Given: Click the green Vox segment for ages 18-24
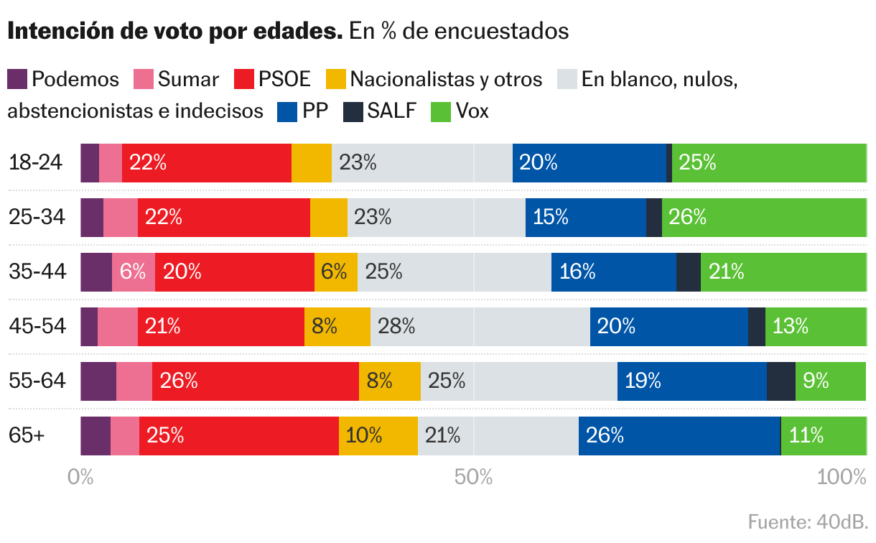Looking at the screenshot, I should coord(768,163).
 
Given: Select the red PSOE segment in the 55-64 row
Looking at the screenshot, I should coord(256,381).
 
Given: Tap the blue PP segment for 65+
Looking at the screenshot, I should coord(679,436).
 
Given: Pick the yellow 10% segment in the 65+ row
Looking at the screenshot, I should coord(378,436).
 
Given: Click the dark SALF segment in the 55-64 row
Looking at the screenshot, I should coord(781,381).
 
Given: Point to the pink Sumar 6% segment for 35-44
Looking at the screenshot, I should coord(134,272).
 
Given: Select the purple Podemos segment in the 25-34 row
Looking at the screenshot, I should coord(92,218).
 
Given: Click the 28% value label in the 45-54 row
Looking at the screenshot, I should coord(396,327).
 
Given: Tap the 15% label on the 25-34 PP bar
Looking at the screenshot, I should coord(551,218).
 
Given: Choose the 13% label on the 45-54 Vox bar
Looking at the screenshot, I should coord(791,327).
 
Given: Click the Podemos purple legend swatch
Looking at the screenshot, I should coord(17,79).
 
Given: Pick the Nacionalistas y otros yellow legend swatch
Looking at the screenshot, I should coord(336,79).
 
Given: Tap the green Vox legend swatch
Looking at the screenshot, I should coord(440,112).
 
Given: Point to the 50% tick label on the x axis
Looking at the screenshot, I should coord(474,477).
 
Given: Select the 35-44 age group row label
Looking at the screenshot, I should coord(37,272).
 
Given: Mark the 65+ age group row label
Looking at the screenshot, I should coord(27,436).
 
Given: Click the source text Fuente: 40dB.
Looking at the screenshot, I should coord(808,521).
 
